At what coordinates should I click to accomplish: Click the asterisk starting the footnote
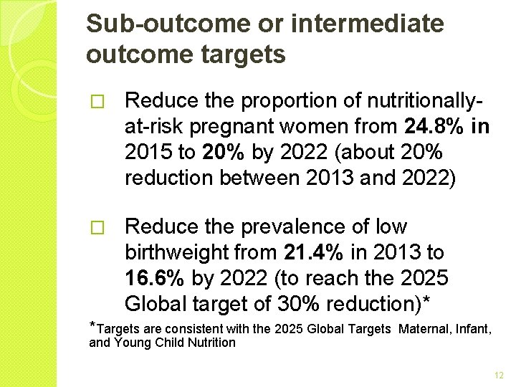pyautogui.click(x=92, y=327)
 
